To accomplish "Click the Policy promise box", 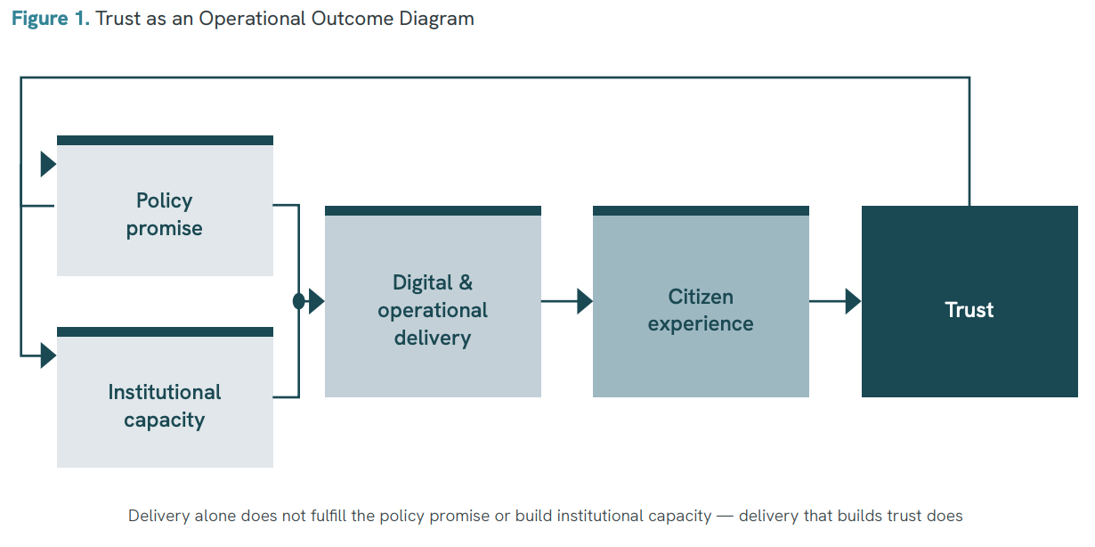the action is (165, 206).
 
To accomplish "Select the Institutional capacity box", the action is (165, 397).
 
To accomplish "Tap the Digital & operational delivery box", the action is (433, 301).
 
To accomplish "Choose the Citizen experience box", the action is (701, 301).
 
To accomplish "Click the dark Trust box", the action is (969, 301).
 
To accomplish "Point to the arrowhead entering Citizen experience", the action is (585, 301).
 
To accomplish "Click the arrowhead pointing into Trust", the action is (854, 301).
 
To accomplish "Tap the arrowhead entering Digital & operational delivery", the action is (317, 301).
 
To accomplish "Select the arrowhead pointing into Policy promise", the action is (48, 164).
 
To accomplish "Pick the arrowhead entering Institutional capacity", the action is (48, 355).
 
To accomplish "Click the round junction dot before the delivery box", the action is (299, 301).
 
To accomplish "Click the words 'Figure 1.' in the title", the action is (51, 19).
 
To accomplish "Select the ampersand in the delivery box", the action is (466, 282).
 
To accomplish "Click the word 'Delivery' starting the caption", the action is (158, 516).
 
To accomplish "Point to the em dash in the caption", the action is (725, 517).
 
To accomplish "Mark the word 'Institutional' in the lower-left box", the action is (164, 392).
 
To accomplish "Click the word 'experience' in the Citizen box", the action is (701, 324).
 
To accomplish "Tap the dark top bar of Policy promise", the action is (165, 141).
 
